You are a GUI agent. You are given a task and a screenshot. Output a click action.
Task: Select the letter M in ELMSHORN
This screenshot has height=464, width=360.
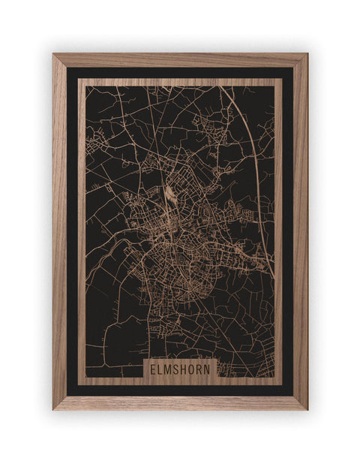click(170, 369)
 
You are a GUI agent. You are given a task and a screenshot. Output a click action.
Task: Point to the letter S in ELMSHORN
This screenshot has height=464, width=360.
click(178, 369)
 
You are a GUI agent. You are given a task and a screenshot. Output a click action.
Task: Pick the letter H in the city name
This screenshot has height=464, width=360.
click(186, 369)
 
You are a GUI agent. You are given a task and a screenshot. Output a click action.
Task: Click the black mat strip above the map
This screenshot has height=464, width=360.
click(180, 73)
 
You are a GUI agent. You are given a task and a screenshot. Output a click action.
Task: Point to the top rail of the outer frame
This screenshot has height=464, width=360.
click(180, 60)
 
